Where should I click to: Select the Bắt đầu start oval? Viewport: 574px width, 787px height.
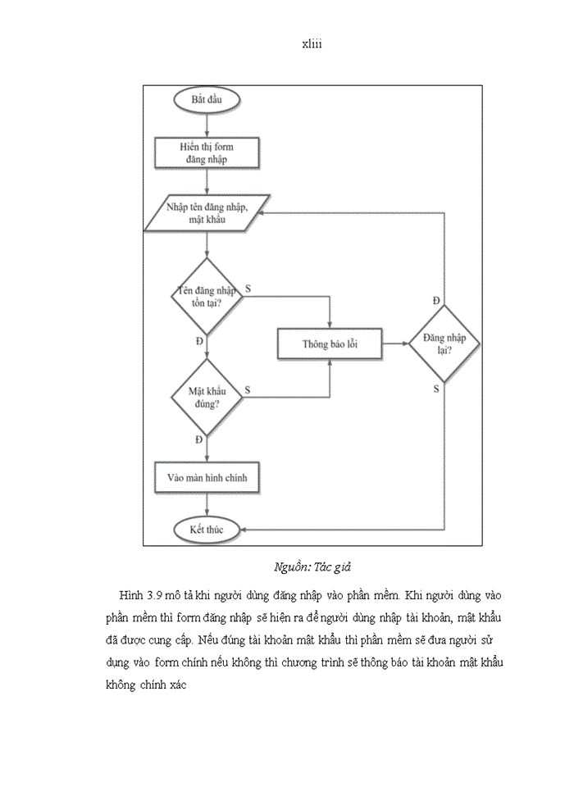pyautogui.click(x=207, y=102)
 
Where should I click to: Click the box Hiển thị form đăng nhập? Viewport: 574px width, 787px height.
pyautogui.click(x=207, y=152)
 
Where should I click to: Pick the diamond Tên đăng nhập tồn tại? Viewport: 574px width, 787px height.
pyautogui.click(x=207, y=296)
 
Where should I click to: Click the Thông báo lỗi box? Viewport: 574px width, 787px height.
pyautogui.click(x=329, y=344)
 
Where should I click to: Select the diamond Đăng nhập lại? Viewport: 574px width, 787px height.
pyautogui.click(x=444, y=344)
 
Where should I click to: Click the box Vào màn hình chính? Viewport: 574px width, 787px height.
pyautogui.click(x=207, y=477)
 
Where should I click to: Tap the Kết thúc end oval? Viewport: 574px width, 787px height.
pyautogui.click(x=207, y=530)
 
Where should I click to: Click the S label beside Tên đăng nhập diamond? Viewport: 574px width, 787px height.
pyautogui.click(x=248, y=289)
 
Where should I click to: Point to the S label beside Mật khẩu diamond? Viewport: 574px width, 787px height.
pyautogui.click(x=248, y=390)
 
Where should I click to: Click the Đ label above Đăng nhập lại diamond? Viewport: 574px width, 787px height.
pyautogui.click(x=436, y=301)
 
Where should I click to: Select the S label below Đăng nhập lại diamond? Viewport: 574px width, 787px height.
pyautogui.click(x=436, y=389)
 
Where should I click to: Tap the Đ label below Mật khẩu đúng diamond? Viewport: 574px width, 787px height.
pyautogui.click(x=199, y=440)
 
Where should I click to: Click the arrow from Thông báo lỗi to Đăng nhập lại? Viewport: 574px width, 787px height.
pyautogui.click(x=395, y=344)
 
